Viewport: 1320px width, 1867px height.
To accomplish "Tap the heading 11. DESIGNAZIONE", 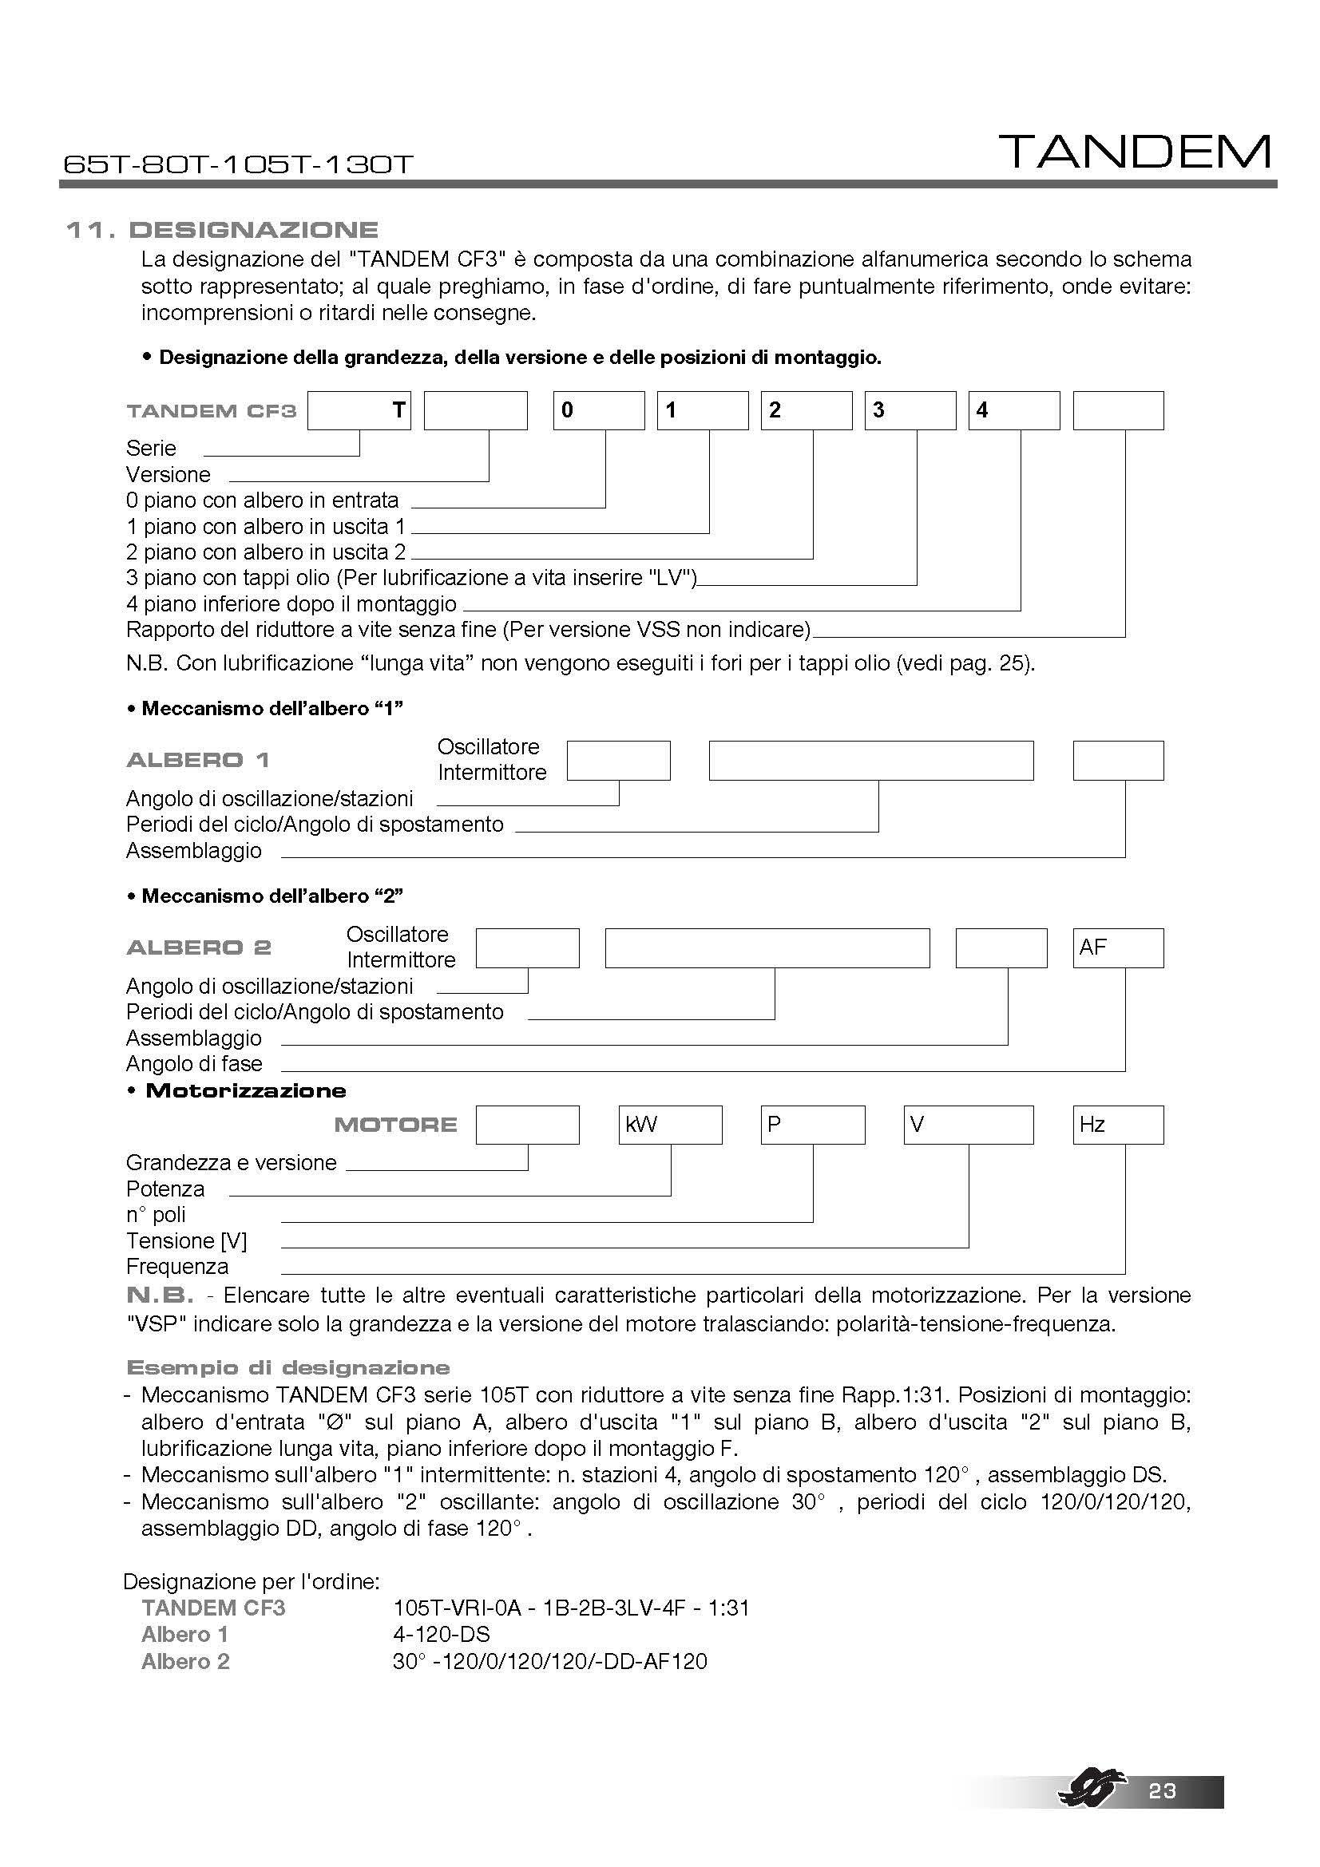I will (x=222, y=230).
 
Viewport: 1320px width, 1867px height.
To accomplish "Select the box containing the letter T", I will (x=359, y=410).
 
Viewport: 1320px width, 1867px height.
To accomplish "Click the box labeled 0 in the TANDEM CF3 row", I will (x=599, y=410).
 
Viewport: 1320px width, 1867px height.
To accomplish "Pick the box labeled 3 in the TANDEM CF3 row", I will (x=910, y=410).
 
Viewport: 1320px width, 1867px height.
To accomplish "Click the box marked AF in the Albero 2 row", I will (x=1117, y=948).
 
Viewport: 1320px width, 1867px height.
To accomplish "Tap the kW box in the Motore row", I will (x=670, y=1125).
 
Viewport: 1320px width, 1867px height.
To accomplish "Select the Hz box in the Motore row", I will (x=1117, y=1125).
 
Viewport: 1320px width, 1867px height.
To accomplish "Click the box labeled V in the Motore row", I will (x=968, y=1125).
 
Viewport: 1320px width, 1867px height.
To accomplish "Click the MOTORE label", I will (x=395, y=1125).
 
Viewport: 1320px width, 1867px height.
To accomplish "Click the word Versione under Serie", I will (x=168, y=475).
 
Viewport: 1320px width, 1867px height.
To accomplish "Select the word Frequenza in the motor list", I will (x=177, y=1266).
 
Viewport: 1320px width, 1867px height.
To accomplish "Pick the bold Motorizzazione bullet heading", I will (x=245, y=1091).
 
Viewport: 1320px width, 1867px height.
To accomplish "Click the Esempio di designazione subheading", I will (x=288, y=1368).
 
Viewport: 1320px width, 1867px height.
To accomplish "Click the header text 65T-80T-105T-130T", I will (x=238, y=164).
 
